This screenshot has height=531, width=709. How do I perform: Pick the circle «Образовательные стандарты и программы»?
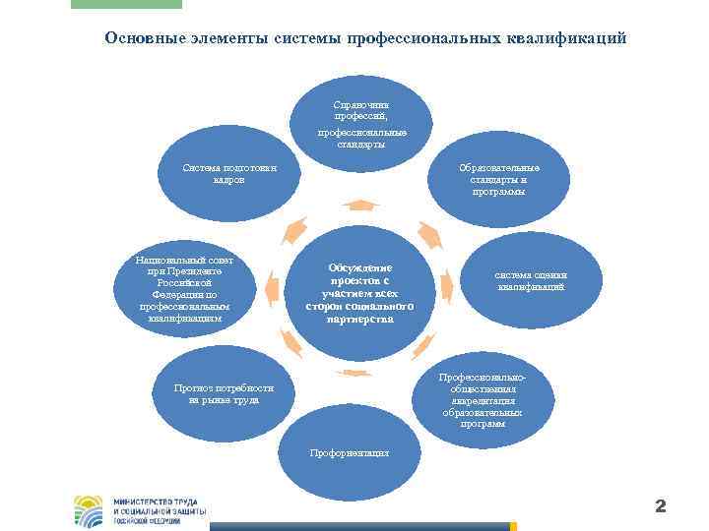[497, 182]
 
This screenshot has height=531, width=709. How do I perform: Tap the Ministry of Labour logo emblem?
[88, 510]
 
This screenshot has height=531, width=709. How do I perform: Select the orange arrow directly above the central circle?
[361, 205]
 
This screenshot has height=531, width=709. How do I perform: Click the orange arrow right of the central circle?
[446, 286]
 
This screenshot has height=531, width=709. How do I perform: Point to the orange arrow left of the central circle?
[279, 286]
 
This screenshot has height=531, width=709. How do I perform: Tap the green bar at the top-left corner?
[127, 4]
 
